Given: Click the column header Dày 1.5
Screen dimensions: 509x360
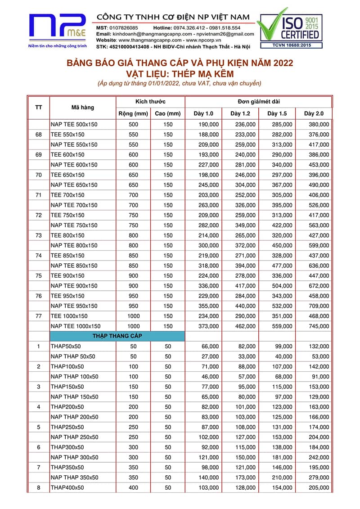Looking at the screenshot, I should tap(277, 113).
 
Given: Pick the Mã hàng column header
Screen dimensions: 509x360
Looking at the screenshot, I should tap(83, 108).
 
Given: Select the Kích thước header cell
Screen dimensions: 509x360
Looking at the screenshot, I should tap(150, 102).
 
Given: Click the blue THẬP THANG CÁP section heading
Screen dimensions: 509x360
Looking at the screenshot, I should tap(117, 336).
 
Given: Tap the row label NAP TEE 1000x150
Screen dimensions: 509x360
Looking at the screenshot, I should tap(76, 326).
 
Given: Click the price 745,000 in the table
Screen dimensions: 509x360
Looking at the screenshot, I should tap(319, 326).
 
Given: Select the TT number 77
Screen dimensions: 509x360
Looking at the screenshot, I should tap(39, 316).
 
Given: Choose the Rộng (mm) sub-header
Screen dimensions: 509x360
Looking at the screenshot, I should tap(133, 113).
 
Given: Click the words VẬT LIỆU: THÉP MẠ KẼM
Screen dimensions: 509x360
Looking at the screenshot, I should tap(180, 73).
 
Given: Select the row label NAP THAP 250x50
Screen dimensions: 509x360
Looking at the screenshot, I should tap(74, 437).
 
